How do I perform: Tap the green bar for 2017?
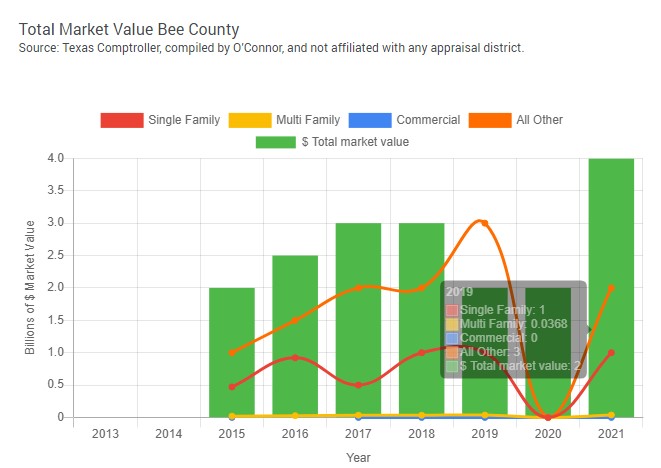tap(358, 320)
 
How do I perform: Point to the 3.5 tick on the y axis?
tap(56, 190)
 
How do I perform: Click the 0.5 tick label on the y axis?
tap(56, 385)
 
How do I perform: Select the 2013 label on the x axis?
tap(105, 433)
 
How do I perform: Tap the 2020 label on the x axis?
tap(548, 433)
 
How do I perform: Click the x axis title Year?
tap(358, 457)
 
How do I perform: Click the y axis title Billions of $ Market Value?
tap(30, 288)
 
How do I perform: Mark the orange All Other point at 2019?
tap(485, 223)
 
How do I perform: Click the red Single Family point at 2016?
tap(295, 357)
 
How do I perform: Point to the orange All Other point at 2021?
tap(611, 287)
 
